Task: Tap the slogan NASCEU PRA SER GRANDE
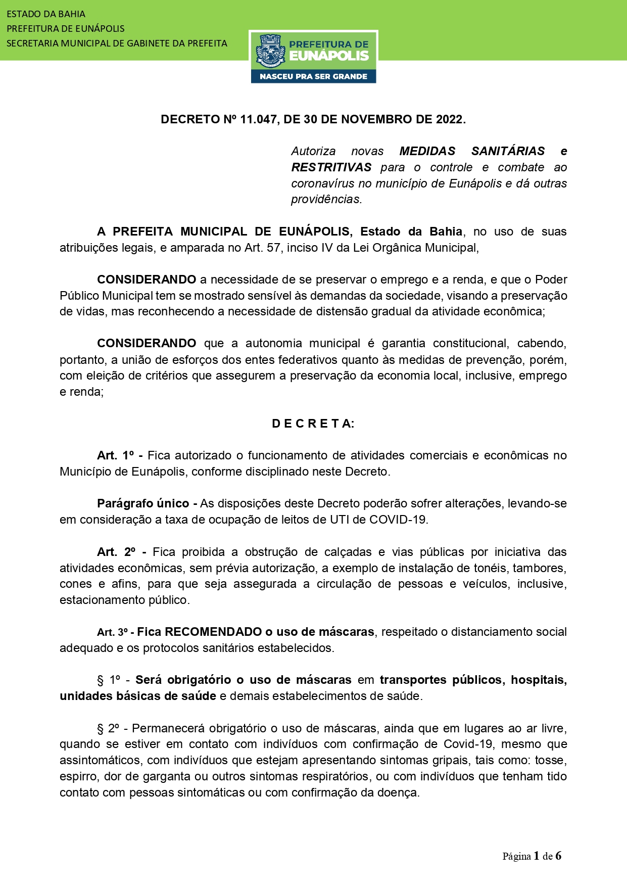coord(313,76)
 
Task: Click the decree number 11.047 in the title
coord(258,119)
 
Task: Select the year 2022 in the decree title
coord(449,119)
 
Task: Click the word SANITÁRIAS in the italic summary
coord(508,151)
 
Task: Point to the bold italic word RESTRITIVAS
coord(331,167)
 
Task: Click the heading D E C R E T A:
coord(313,424)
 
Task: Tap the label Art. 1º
coord(116,455)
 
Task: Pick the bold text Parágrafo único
coord(143,503)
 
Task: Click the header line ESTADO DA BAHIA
coord(46,14)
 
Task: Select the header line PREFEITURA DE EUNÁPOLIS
coord(66,29)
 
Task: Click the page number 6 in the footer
coord(558,856)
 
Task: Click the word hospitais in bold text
coord(539,680)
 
